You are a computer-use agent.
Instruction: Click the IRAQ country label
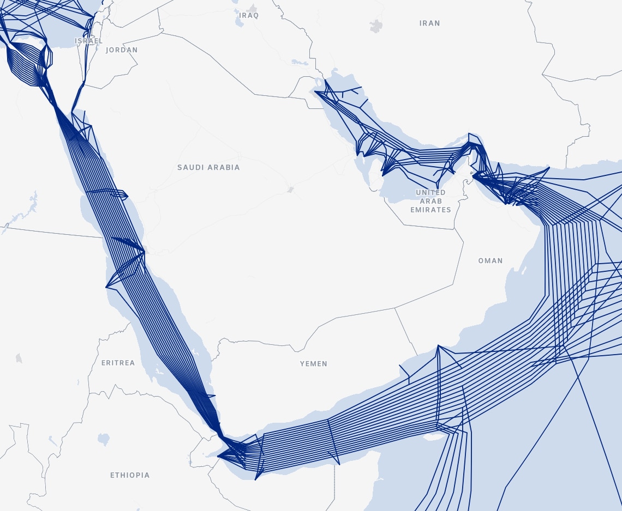click(x=249, y=15)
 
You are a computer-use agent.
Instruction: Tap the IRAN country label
click(x=429, y=23)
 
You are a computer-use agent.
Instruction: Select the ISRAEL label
click(x=88, y=41)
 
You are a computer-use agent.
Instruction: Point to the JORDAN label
click(x=122, y=50)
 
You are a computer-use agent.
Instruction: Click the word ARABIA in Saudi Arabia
click(x=224, y=167)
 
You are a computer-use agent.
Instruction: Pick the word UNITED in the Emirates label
click(x=430, y=192)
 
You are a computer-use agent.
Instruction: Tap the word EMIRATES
click(x=430, y=210)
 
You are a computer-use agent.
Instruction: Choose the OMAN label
click(x=490, y=260)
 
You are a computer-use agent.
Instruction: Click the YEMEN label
click(x=314, y=363)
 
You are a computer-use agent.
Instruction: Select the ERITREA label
click(x=118, y=363)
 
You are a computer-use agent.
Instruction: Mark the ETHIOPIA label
click(x=130, y=475)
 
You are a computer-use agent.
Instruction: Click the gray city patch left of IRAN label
click(x=376, y=25)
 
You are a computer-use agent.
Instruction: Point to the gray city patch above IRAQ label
click(x=252, y=8)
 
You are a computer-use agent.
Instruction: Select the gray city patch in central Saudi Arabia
click(x=291, y=190)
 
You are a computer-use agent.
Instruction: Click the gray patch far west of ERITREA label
click(x=19, y=358)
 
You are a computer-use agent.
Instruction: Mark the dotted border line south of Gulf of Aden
click(x=334, y=485)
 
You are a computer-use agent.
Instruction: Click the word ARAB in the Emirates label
click(x=430, y=201)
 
